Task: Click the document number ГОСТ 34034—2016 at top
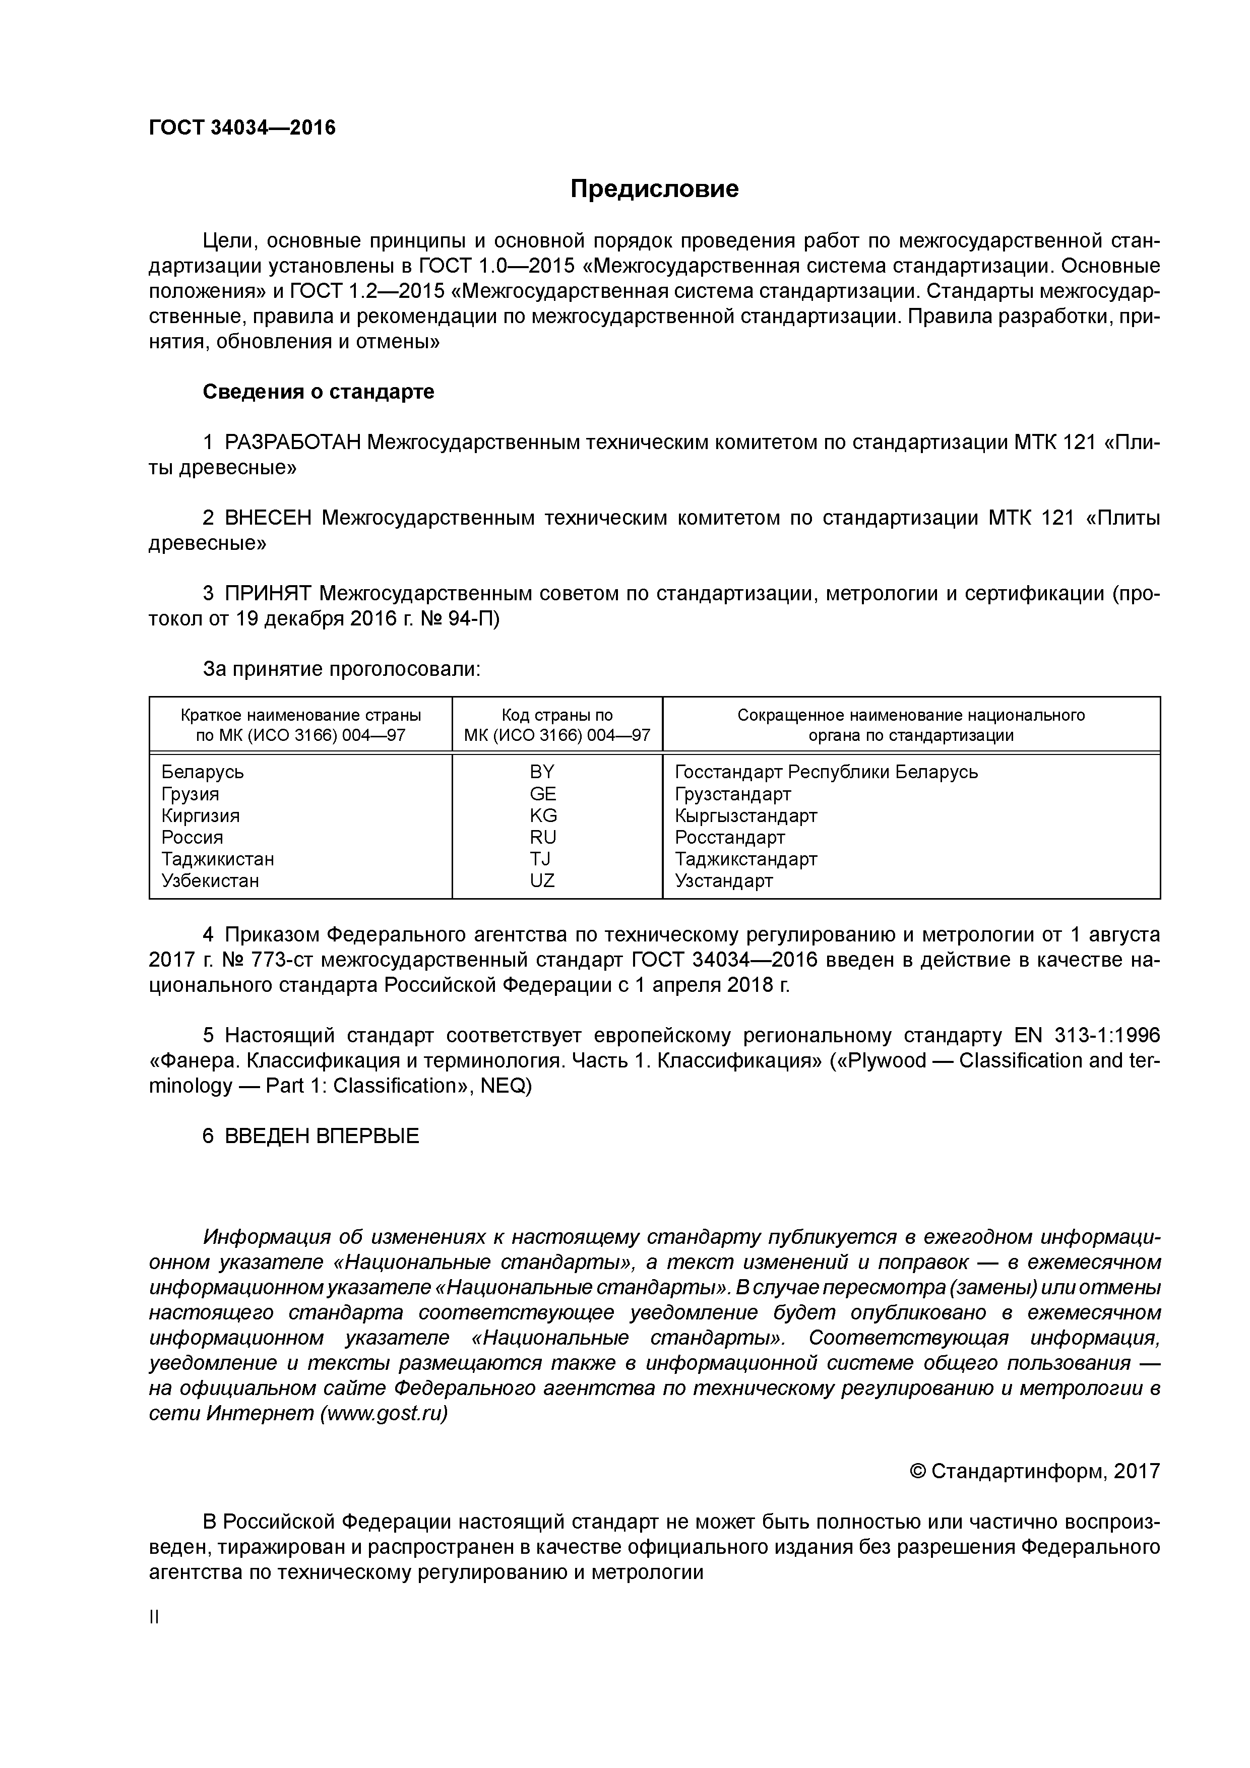click(x=242, y=127)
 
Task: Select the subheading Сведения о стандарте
click(x=318, y=392)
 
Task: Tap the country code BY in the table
click(x=542, y=772)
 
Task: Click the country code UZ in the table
click(x=542, y=880)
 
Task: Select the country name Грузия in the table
click(x=190, y=794)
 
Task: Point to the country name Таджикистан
click(x=217, y=859)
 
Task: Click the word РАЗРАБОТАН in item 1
click(x=293, y=443)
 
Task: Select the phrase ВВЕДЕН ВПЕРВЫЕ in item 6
click(x=322, y=1136)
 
